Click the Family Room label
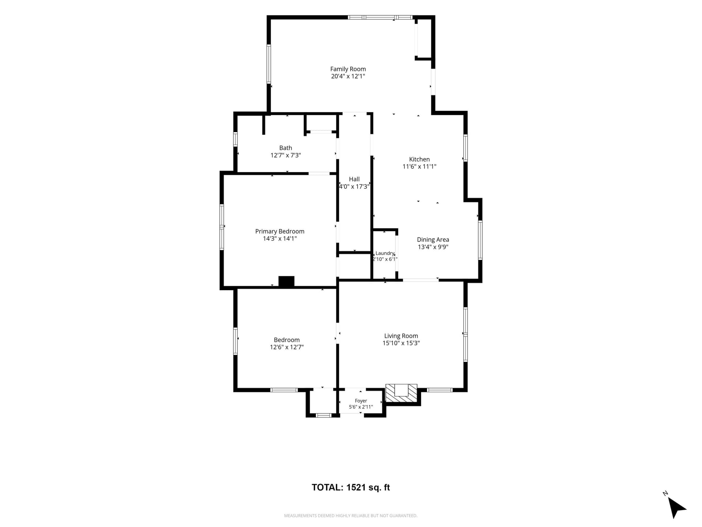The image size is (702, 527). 348,69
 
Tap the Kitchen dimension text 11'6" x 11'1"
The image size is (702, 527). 419,167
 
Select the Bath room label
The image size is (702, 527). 286,148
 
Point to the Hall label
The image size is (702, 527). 354,179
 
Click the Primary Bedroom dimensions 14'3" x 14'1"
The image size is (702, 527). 280,239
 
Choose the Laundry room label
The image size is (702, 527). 385,253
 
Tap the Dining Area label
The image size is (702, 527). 433,240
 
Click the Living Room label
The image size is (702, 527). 401,336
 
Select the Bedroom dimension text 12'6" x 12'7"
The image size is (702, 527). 287,347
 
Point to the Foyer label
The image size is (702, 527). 361,401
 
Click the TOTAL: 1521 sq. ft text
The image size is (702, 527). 351,487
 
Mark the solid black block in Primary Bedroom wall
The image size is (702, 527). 286,281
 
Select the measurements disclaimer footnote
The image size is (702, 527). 351,516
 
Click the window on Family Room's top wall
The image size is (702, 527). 380,17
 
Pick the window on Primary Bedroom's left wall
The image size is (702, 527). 222,227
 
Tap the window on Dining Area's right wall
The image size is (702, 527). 480,240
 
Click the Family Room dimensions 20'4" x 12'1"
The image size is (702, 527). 348,76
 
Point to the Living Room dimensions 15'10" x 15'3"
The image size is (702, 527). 401,343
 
